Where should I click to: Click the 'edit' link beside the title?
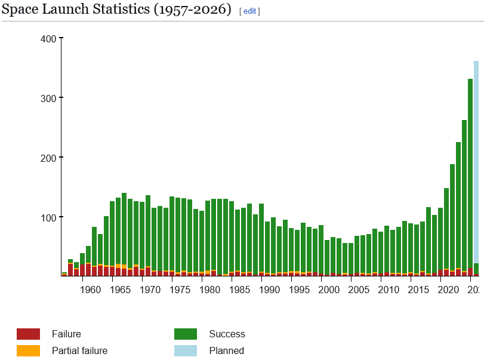[x=249, y=11]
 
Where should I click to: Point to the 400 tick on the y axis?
[x=48, y=39]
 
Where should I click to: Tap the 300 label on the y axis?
[x=48, y=98]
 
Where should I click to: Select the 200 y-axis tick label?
[x=48, y=158]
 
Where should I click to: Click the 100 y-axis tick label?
[x=48, y=217]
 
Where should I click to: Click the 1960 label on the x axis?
[x=90, y=290]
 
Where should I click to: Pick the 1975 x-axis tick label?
[x=180, y=290]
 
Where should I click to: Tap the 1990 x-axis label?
[x=269, y=290]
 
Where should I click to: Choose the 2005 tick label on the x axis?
[x=359, y=290]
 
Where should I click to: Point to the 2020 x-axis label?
[x=448, y=290]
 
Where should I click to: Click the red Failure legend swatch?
[x=28, y=334]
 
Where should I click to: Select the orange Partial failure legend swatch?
[x=28, y=351]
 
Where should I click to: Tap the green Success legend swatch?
[x=186, y=334]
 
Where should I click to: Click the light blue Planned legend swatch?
[x=186, y=351]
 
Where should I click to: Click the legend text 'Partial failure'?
[x=79, y=351]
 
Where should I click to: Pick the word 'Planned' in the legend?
[x=226, y=351]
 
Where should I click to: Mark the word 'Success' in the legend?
[x=227, y=334]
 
